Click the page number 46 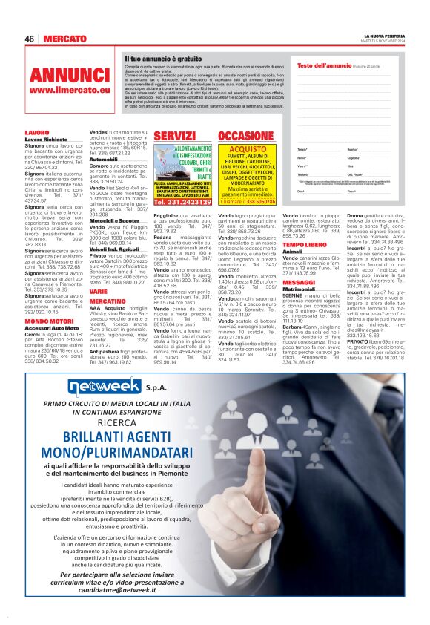pos(30,39)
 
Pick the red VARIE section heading pos(98,292)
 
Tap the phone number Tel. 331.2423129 pos(176,202)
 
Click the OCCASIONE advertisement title pos(247,137)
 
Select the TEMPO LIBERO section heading pos(305,244)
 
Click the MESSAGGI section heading pos(299,283)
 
